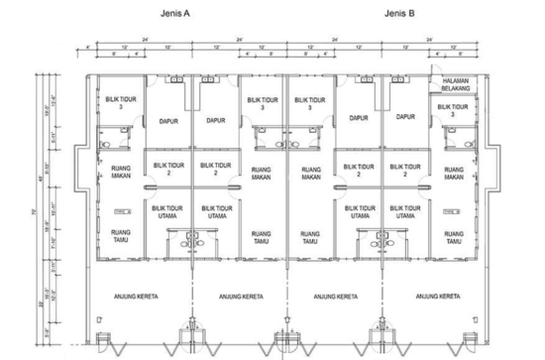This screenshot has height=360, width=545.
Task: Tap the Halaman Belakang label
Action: (x=455, y=88)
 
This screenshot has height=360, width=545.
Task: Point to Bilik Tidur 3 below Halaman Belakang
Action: (x=455, y=111)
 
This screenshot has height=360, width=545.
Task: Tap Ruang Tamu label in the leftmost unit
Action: (x=117, y=235)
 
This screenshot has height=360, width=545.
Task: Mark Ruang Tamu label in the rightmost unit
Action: (x=455, y=236)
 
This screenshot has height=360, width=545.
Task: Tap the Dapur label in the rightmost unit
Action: (x=405, y=117)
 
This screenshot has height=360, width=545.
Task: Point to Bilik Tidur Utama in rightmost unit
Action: (x=405, y=211)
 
